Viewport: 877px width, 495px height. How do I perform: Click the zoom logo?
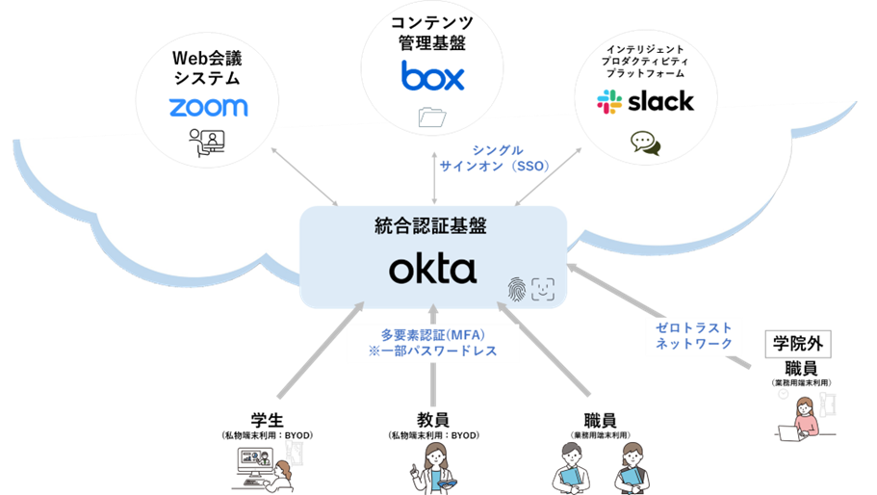(x=208, y=107)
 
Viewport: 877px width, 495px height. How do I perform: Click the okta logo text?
(x=432, y=270)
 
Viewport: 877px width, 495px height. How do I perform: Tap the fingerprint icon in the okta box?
(x=517, y=288)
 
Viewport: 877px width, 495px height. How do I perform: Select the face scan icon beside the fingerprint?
(x=544, y=288)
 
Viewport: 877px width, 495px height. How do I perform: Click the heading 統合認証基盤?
(x=432, y=226)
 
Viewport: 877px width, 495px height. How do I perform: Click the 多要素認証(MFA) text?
(x=432, y=334)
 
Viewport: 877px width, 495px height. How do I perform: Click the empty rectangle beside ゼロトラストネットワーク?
(x=797, y=344)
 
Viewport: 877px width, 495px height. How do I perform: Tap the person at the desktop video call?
(x=279, y=470)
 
